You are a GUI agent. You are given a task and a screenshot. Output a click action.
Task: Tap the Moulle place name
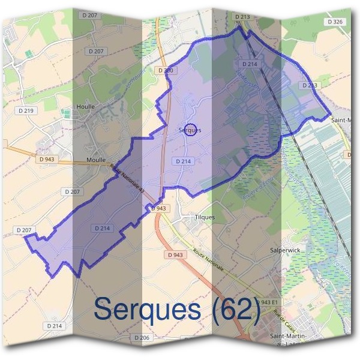(96, 161)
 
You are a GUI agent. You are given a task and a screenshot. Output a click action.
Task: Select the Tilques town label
(205, 217)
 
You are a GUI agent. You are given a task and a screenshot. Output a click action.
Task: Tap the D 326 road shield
(336, 22)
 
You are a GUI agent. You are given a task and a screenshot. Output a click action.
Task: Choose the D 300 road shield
(167, 70)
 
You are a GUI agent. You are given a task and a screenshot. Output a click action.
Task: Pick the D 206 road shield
(142, 338)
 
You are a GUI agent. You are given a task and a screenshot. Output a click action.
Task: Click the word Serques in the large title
(147, 310)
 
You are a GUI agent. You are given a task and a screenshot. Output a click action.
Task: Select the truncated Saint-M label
(344, 120)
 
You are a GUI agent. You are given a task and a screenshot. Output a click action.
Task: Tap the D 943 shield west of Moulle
(47, 159)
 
